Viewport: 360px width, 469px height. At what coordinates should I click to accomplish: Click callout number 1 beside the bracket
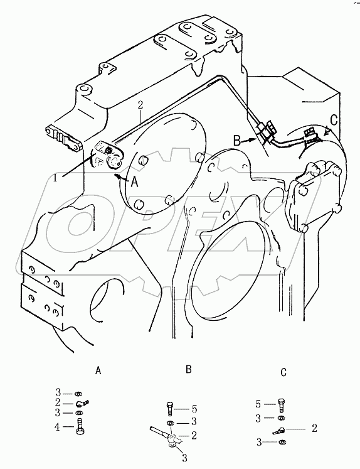click(x=56, y=178)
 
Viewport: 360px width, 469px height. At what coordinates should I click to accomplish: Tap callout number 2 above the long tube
click(x=140, y=105)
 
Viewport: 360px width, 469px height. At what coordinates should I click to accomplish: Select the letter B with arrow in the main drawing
click(x=237, y=140)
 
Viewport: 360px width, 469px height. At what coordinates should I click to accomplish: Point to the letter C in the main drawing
click(x=334, y=120)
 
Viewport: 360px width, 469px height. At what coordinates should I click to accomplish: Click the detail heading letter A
click(x=98, y=371)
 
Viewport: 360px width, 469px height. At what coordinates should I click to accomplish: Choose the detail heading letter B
click(x=189, y=369)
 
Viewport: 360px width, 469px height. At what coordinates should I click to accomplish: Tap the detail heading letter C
click(x=283, y=372)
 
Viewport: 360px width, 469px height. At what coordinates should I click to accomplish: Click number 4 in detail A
click(x=57, y=427)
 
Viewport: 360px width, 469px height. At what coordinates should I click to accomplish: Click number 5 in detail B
click(x=195, y=409)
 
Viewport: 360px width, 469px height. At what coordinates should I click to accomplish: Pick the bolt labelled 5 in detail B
click(x=169, y=409)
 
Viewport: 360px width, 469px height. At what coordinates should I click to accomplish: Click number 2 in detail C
click(x=314, y=428)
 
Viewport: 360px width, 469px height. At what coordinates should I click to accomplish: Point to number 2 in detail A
click(x=58, y=402)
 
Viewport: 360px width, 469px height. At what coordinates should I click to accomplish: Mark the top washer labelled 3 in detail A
click(x=79, y=393)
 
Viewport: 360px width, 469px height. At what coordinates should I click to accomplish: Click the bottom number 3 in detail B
click(x=184, y=457)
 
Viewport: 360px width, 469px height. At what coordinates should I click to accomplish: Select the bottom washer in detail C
click(x=281, y=442)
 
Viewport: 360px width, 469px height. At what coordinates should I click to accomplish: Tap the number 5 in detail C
click(x=258, y=404)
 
